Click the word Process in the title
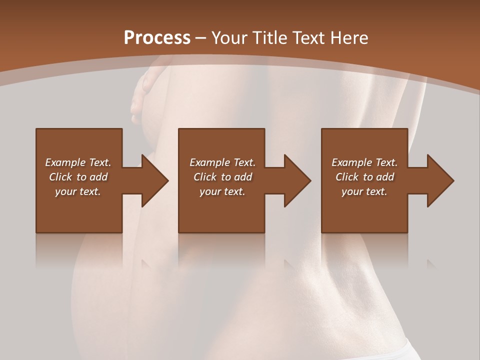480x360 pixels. [x=157, y=38]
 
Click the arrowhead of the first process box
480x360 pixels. [x=154, y=181]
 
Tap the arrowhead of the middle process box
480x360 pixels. [x=297, y=181]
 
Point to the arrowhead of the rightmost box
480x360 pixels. [x=440, y=181]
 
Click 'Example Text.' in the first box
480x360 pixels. [x=78, y=162]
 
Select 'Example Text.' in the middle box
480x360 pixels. [x=222, y=162]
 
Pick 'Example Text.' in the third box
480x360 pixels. [x=364, y=162]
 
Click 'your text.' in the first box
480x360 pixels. [x=78, y=191]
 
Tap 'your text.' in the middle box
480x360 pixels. [x=222, y=191]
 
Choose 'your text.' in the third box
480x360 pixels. [x=364, y=191]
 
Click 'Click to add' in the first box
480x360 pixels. [x=78, y=177]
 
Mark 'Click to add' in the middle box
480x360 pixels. [x=222, y=177]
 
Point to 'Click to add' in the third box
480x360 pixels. [x=364, y=177]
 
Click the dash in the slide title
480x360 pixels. [x=201, y=38]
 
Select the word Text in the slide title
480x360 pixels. [x=308, y=38]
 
